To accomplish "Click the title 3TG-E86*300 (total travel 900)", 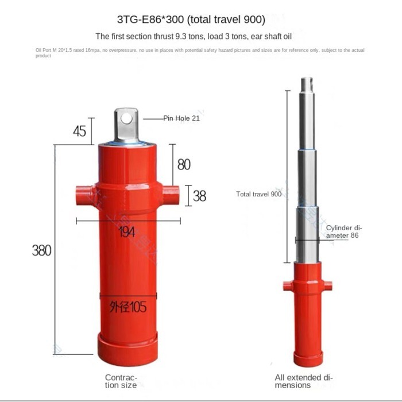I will click(x=191, y=20).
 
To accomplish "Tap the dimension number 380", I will click(x=41, y=250).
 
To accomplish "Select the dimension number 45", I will click(x=79, y=131).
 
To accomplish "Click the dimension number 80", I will click(x=184, y=164).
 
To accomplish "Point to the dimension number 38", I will click(x=199, y=196).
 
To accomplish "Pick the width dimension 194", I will click(x=127, y=231).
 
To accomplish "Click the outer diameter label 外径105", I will click(x=127, y=307).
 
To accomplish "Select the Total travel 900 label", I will click(x=258, y=194).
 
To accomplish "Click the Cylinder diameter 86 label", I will click(x=344, y=231).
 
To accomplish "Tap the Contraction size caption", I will click(x=121, y=381).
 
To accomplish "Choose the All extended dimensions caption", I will click(x=303, y=381).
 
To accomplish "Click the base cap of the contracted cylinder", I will click(x=127, y=350).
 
